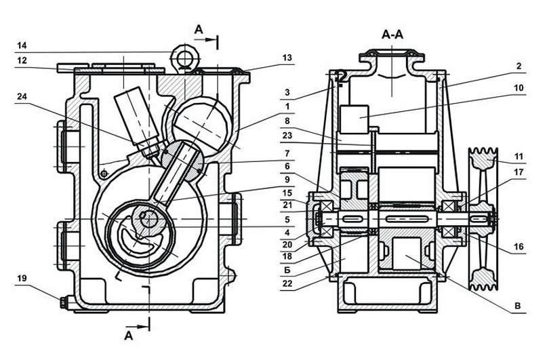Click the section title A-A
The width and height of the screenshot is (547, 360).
tap(392, 34)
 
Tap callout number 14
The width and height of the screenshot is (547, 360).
tap(22, 45)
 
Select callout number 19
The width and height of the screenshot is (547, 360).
tap(22, 278)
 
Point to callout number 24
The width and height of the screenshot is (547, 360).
tap(22, 97)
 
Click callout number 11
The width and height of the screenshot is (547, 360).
tap(519, 157)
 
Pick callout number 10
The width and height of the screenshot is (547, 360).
tap(519, 87)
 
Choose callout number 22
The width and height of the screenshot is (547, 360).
tap(287, 283)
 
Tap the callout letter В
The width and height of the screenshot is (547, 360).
tap(518, 306)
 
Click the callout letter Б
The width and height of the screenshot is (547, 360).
tap(287, 270)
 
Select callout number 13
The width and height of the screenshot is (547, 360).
tap(287, 58)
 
